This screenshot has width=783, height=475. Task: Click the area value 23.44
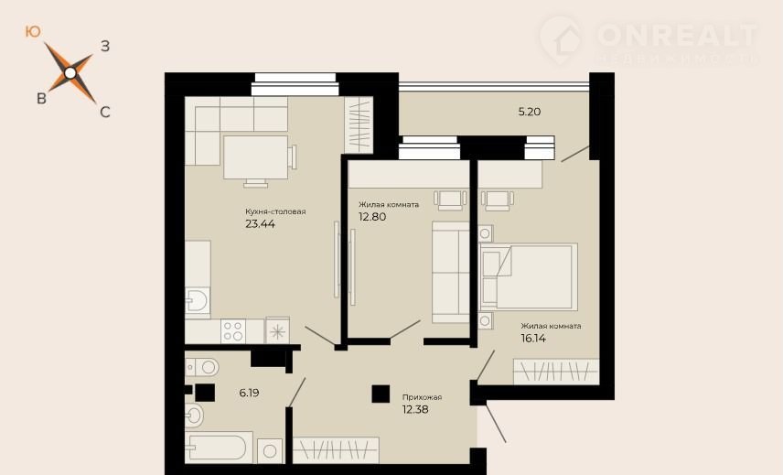[260, 223]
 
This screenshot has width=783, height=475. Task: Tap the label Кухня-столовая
[275, 211]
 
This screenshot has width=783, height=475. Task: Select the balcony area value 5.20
[530, 112]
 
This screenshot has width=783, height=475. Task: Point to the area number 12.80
[372, 217]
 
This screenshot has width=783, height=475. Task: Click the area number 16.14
[533, 338]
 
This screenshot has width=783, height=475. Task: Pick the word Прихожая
[422, 397]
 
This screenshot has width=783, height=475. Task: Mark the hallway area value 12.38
[415, 410]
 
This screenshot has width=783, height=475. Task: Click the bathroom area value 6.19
[249, 393]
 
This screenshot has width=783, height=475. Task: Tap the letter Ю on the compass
[32, 32]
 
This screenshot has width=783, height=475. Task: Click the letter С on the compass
[105, 112]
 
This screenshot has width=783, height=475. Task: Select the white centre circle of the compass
[70, 73]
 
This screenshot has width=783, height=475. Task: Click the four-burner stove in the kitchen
[233, 330]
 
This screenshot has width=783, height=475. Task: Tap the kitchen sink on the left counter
[198, 302]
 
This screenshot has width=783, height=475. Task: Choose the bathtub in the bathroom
[217, 448]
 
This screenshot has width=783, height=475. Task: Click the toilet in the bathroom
[202, 368]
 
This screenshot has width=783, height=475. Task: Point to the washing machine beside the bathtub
[270, 451]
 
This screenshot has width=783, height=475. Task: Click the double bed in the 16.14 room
[529, 276]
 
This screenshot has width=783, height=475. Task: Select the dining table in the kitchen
[255, 157]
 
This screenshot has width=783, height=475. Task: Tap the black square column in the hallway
[381, 394]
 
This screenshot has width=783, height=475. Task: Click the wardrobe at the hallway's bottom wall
[336, 450]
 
